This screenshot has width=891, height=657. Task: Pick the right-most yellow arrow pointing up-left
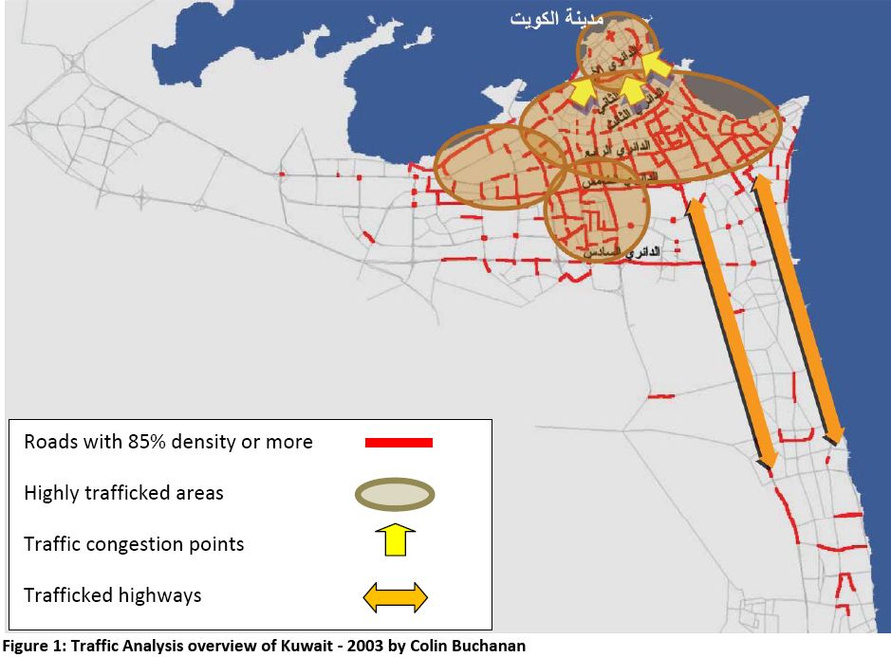(x=655, y=67)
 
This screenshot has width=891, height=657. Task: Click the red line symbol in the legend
(x=399, y=442)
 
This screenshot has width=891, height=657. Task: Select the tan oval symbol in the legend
(x=396, y=494)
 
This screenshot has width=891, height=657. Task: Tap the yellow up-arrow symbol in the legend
(x=396, y=542)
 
